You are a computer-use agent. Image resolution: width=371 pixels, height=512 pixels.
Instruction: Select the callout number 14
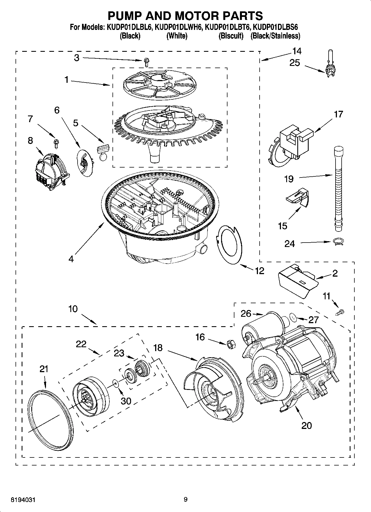(296, 51)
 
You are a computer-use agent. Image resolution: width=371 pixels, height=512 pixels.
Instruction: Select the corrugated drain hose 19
(337, 188)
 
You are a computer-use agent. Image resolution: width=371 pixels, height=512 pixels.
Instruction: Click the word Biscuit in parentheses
(231, 36)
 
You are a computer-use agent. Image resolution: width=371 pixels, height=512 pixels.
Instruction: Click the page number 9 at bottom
(185, 500)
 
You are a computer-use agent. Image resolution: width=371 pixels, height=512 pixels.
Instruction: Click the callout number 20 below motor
(306, 425)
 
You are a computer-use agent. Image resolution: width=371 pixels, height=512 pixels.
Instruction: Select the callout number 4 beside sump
(71, 259)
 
